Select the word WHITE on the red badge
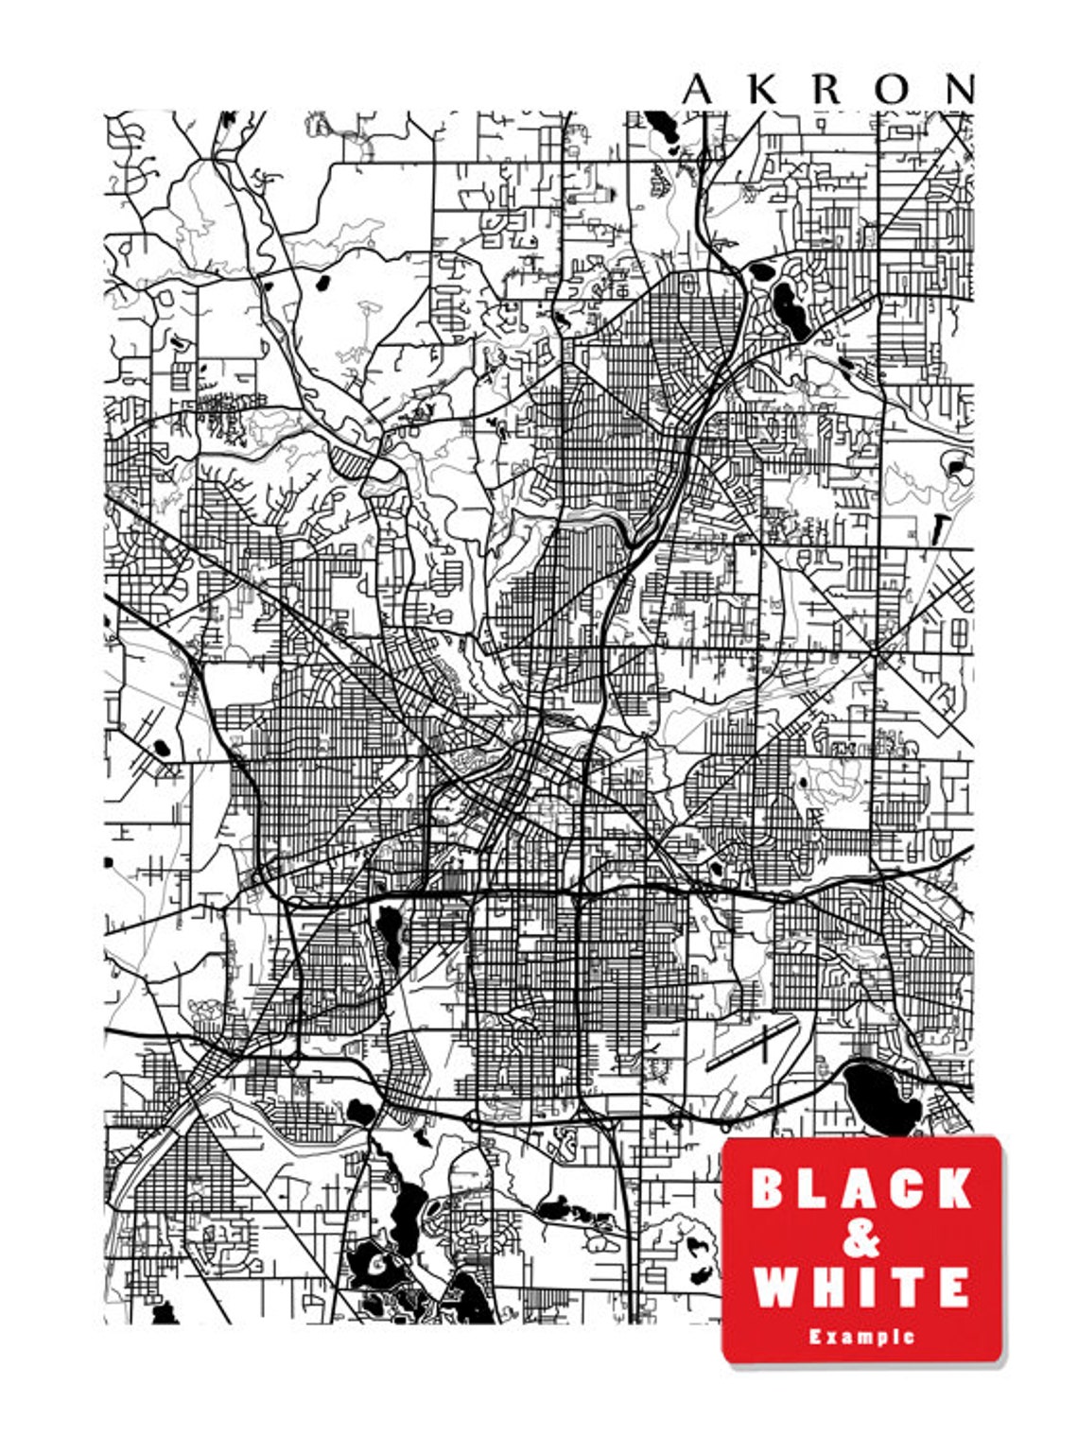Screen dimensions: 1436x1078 point(861,1287)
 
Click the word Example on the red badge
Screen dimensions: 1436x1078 point(861,1336)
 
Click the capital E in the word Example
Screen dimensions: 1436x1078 point(814,1336)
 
